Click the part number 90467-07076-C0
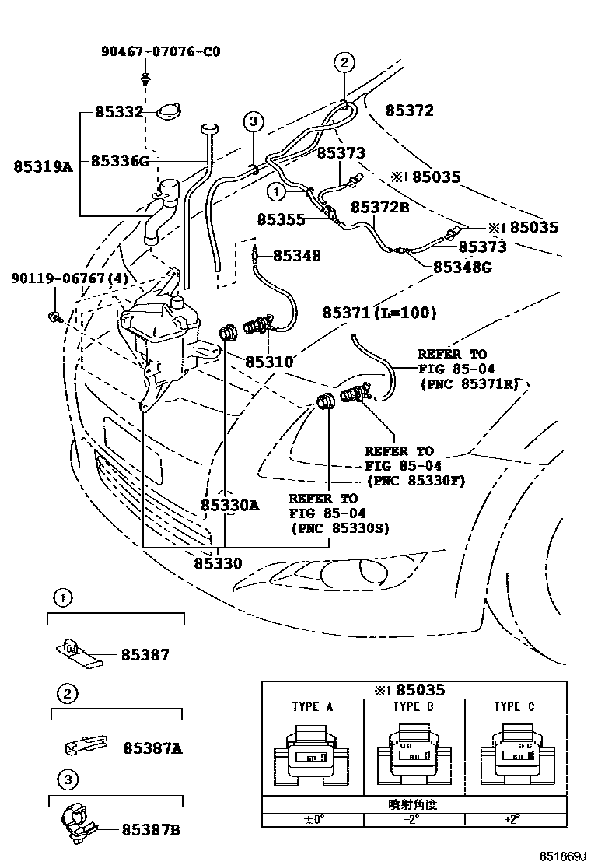point(160,52)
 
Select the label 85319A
point(43,166)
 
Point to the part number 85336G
point(120,161)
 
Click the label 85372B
point(379,208)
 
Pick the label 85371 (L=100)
point(379,313)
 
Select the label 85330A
point(229,505)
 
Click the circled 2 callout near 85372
point(344,62)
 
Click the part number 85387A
point(152,748)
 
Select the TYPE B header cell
point(413,707)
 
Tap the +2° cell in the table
point(515,819)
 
